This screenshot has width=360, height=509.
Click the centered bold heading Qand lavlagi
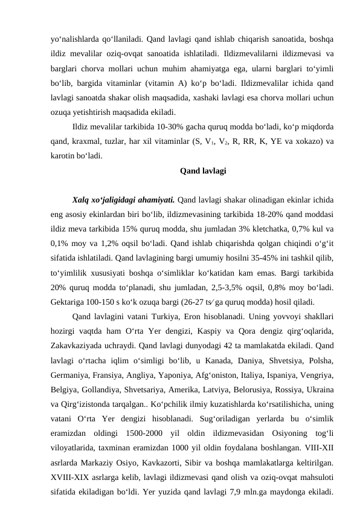point(203,171)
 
